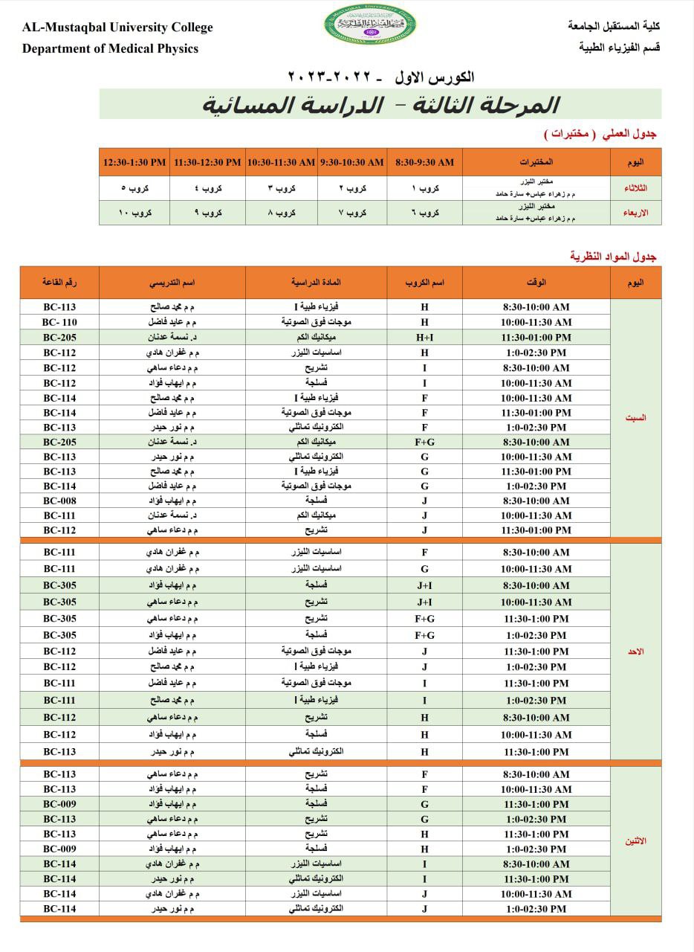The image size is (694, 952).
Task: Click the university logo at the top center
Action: (371, 25)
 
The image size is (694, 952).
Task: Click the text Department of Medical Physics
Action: (111, 49)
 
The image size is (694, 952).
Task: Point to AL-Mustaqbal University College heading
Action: (117, 28)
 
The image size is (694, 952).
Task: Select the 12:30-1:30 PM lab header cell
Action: (135, 162)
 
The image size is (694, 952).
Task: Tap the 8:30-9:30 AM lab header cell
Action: (424, 162)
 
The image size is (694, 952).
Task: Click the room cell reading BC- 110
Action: (59, 322)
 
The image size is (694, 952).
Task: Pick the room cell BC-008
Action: (59, 501)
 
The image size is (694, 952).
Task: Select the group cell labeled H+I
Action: (424, 337)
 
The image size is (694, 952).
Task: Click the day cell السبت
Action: (635, 418)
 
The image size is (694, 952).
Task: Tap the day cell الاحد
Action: (635, 652)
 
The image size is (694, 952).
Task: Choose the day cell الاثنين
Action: (635, 841)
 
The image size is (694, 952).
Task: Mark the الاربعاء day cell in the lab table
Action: (635, 213)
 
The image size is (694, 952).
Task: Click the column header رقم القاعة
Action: (59, 283)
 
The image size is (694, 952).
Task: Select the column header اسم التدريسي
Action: (172, 283)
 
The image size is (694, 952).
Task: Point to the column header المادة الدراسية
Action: (316, 283)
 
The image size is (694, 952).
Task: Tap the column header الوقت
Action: (536, 283)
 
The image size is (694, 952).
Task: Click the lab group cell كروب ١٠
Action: (135, 213)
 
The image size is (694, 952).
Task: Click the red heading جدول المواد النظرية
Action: (613, 257)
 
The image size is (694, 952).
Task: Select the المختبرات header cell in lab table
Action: (536, 162)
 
